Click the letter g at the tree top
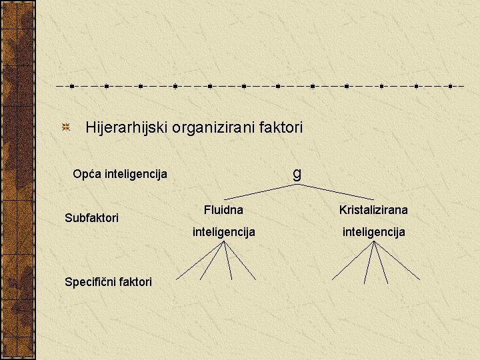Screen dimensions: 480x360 coord(297,173)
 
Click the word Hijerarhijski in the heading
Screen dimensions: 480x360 coord(127,127)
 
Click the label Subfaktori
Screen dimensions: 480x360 coord(91,218)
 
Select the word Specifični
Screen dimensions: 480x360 coord(91,281)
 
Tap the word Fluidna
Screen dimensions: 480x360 coord(223,210)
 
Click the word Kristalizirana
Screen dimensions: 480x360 coord(373,210)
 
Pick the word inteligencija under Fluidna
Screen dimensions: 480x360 coord(223,232)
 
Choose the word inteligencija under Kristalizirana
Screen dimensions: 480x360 coord(373,232)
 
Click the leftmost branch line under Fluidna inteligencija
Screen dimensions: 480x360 coord(199,261)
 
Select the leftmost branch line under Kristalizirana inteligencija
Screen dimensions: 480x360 coord(353,260)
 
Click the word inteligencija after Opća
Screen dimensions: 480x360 coord(134,175)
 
